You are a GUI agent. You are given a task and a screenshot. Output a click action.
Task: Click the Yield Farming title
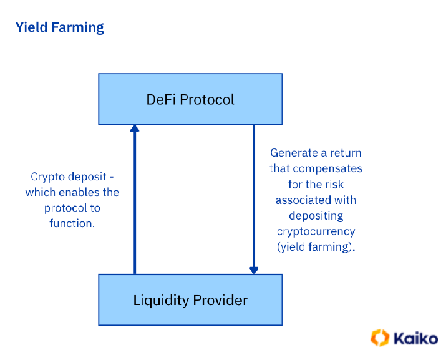pyautogui.click(x=59, y=27)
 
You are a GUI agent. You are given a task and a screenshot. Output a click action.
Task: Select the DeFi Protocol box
pyautogui.click(x=190, y=99)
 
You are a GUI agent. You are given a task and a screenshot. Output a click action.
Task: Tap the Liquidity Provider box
pyautogui.click(x=190, y=300)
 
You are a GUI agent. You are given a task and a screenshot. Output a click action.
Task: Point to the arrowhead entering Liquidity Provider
pyautogui.click(x=253, y=270)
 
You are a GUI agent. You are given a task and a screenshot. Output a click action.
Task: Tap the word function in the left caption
pyautogui.click(x=70, y=223)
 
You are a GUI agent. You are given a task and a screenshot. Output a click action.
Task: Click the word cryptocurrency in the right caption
pyautogui.click(x=316, y=231)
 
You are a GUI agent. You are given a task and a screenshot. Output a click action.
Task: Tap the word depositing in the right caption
pyautogui.click(x=316, y=216)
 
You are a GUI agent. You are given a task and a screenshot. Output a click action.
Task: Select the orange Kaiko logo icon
pyautogui.click(x=380, y=338)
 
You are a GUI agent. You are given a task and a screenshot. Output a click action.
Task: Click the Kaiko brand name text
pyautogui.click(x=415, y=338)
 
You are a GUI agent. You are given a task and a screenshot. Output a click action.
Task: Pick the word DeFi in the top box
pyautogui.click(x=161, y=99)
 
